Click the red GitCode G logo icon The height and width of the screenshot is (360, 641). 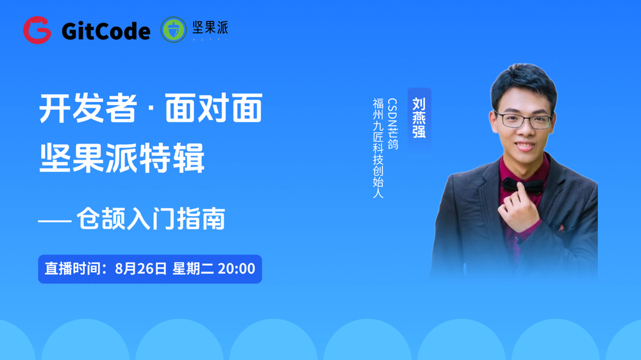coord(37,30)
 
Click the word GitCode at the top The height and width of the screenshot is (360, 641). coord(106,31)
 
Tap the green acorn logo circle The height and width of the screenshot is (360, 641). coord(173,30)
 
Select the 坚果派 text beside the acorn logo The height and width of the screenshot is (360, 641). coord(210,28)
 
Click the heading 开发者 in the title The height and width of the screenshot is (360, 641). coord(88,108)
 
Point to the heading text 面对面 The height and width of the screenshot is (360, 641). coord(213,108)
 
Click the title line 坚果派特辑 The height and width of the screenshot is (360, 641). coord(122,158)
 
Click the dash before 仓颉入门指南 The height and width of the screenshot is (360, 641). coord(54,221)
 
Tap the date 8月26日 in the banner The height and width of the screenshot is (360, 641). coord(141,268)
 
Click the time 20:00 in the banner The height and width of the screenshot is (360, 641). coord(237,268)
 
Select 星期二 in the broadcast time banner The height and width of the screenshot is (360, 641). coord(193,268)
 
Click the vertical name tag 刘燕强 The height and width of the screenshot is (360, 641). coord(419,118)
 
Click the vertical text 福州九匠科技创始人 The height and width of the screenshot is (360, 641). coord(378,148)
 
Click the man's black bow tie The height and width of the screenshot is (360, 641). coord(522,186)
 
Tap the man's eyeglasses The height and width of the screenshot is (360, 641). coord(524,120)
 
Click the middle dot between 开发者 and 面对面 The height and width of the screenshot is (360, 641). coord(151,109)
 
